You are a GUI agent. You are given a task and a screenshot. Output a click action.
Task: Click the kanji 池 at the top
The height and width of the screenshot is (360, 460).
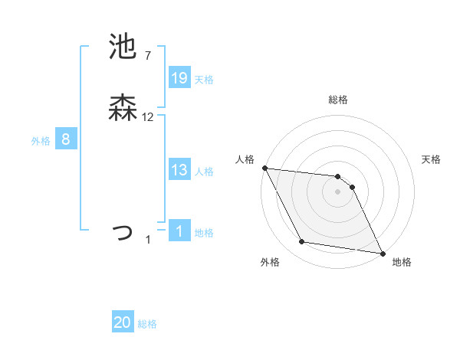pos(123,47)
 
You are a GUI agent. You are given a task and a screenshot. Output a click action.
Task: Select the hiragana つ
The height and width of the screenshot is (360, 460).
pos(123,231)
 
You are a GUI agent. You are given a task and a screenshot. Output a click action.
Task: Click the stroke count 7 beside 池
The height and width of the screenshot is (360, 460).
pos(147,56)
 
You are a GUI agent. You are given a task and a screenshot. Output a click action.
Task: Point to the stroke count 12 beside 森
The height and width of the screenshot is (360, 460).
pos(148,117)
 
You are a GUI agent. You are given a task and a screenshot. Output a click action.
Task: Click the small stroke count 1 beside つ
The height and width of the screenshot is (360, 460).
pos(148,240)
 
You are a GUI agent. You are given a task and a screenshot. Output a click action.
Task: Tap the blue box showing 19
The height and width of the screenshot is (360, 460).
pos(179,78)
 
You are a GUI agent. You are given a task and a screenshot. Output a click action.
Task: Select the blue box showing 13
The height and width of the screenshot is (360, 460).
pos(179,170)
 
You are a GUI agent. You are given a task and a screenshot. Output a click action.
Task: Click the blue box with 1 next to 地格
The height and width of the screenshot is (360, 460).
pos(179,231)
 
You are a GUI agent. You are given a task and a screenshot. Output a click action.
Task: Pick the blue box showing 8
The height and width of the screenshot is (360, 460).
pos(66,139)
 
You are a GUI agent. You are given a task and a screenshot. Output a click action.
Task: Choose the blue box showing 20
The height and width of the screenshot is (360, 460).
pos(123,323)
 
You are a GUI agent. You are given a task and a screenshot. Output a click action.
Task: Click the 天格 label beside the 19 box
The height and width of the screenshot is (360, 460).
pos(204,80)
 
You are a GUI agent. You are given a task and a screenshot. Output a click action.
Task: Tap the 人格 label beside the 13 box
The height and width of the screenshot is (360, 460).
pos(204,172)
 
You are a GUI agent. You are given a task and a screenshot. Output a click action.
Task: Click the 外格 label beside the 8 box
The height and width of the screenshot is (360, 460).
pos(41,141)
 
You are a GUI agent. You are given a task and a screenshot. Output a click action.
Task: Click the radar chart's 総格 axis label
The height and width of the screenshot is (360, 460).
pos(337,100)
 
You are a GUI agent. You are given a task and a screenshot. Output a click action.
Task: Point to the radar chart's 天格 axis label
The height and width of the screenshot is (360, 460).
pos(432,159)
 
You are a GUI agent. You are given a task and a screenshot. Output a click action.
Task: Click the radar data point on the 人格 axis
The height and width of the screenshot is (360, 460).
pos(264,168)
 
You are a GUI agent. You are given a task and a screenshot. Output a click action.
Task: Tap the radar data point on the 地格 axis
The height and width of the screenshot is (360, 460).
pos(382,253)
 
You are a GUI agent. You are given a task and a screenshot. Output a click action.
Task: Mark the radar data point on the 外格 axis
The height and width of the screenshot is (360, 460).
pos(302,243)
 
